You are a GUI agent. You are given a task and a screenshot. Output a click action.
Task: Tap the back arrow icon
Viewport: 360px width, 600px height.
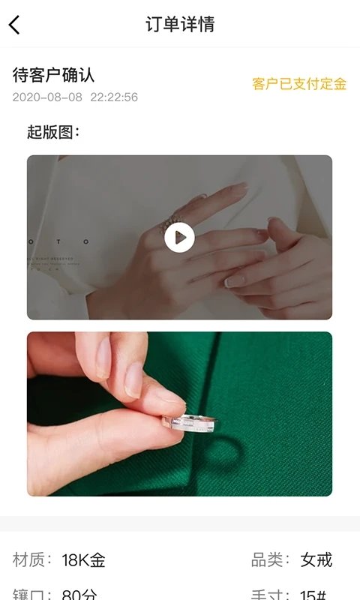point(14,25)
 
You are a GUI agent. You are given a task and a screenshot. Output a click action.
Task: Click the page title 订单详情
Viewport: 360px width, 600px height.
point(180,24)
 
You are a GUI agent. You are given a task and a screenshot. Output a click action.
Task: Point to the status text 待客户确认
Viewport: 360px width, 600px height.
point(53,75)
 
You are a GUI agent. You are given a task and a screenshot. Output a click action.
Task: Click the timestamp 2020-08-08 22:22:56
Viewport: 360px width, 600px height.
point(75,97)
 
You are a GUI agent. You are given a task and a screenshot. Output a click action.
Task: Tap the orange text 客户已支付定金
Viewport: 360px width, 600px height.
point(299,84)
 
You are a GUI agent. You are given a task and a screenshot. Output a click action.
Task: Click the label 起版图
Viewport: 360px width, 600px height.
point(52,133)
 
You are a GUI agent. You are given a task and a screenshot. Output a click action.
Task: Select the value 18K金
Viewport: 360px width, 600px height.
point(83,559)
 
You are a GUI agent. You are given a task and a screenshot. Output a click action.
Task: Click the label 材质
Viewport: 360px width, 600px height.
point(32,559)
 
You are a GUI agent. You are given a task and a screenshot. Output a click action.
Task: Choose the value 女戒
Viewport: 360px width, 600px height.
point(316,559)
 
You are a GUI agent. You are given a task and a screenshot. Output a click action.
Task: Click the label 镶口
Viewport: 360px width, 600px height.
point(32,594)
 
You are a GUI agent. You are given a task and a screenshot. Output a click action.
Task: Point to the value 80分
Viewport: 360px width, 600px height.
point(79,594)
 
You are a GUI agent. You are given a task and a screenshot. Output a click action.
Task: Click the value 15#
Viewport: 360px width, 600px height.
point(313,594)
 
